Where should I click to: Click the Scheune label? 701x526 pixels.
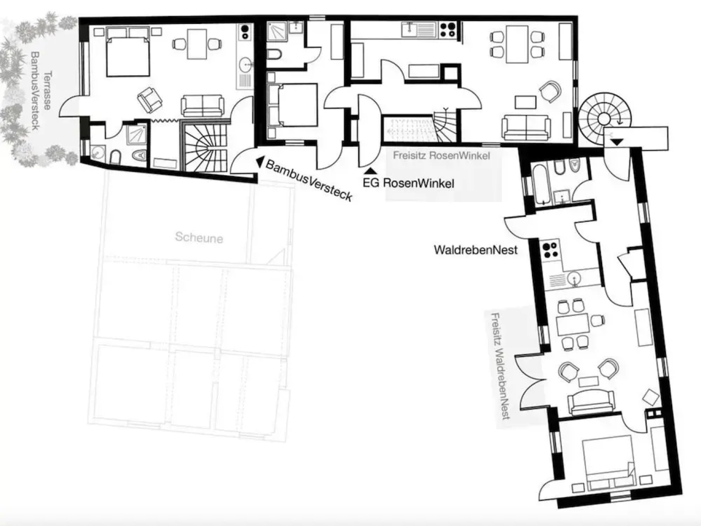[199, 238]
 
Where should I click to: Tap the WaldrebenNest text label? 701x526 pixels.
[476, 250]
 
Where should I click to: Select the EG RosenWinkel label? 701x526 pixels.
[408, 183]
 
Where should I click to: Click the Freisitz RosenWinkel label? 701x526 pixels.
[441, 156]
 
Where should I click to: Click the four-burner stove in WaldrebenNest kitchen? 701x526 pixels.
[550, 250]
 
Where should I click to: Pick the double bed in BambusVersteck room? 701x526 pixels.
[127, 52]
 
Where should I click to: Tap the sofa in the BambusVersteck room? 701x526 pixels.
[203, 106]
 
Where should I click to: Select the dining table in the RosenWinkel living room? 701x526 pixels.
[517, 44]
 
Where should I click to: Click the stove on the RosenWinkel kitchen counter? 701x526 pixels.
[448, 30]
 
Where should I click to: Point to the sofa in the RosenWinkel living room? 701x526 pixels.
[526, 127]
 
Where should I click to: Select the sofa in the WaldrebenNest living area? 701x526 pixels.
[591, 402]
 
